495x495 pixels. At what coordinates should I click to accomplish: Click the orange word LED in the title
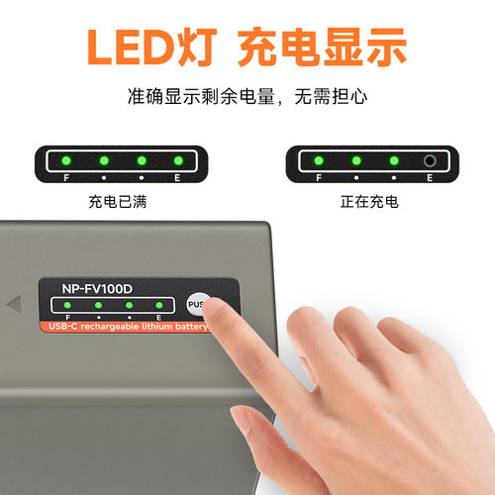[x=132, y=47]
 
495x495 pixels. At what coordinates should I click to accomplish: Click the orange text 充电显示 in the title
[x=323, y=47]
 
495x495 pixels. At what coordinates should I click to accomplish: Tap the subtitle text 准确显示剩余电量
[x=201, y=96]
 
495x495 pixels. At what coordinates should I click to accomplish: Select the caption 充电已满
[x=118, y=202]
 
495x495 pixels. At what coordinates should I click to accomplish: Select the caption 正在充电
[x=369, y=202]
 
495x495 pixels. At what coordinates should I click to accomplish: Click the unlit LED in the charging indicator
[x=430, y=161]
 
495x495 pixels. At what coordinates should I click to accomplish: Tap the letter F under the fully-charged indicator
[x=66, y=178]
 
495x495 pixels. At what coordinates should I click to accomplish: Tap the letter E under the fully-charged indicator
[x=177, y=178]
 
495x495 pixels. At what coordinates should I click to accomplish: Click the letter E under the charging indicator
[x=430, y=178]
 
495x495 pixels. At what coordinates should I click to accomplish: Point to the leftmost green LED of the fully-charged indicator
[x=66, y=160]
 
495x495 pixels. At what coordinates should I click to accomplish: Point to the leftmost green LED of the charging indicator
[x=319, y=160]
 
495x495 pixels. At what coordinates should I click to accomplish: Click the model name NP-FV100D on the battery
[x=97, y=289]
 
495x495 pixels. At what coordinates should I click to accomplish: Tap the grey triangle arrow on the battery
[x=15, y=304]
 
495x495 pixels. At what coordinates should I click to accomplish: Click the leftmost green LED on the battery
[x=67, y=305]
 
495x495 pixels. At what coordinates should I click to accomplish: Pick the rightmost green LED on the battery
[x=159, y=305]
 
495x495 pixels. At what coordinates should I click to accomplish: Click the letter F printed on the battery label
[x=67, y=318]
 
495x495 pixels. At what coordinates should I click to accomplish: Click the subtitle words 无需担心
[x=331, y=96]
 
